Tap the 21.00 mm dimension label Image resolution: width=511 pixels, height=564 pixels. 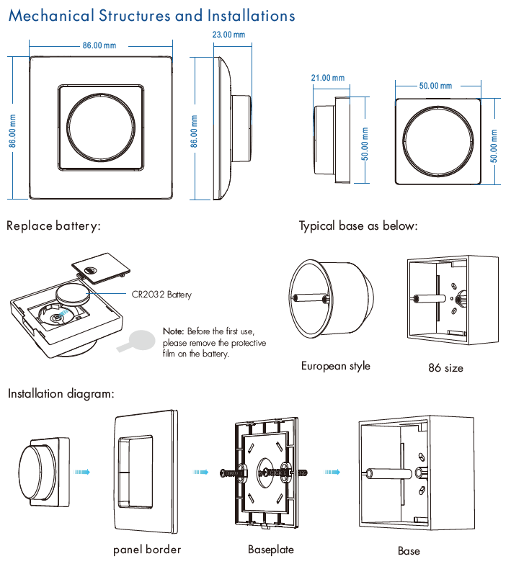(x=327, y=78)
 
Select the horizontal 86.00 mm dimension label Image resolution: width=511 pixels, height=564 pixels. (x=99, y=45)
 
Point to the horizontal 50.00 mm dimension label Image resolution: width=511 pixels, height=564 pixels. (x=437, y=86)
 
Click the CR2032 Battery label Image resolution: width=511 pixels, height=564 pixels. (x=162, y=294)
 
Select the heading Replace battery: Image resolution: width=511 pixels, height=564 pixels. (x=53, y=226)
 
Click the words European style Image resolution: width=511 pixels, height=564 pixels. (x=335, y=366)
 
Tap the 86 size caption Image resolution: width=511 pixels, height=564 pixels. (x=445, y=367)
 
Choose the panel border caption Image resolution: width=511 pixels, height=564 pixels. (x=147, y=550)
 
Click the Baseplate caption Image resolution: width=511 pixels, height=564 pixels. (x=270, y=550)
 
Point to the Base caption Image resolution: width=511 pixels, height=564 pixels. (x=409, y=551)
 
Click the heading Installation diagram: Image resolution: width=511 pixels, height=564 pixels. (x=61, y=394)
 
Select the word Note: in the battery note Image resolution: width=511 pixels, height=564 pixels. (x=174, y=331)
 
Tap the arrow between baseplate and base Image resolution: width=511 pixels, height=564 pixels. (x=332, y=473)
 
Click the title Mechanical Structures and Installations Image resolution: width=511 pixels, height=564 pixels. (x=151, y=15)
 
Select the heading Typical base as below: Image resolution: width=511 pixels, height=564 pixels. (x=358, y=226)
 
